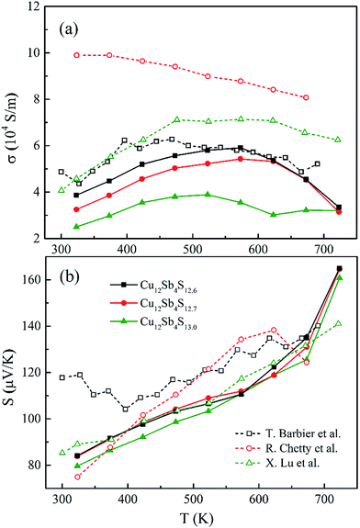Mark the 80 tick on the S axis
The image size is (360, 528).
(x=36, y=465)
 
